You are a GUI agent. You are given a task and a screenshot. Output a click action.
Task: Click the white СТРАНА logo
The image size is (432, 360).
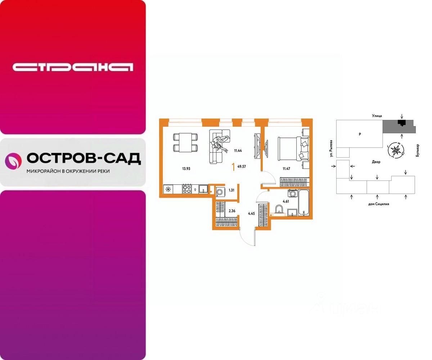click(73, 67)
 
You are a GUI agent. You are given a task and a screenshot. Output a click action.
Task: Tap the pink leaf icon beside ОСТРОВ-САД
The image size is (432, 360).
click(13, 161)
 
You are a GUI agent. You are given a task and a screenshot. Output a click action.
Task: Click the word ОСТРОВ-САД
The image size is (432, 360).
click(84, 158)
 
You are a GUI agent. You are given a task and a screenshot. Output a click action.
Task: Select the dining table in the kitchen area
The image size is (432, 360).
click(185, 142)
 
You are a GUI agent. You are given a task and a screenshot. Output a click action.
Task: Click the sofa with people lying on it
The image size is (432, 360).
click(219, 146)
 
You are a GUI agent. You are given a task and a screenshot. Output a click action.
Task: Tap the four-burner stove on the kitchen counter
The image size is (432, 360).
click(187, 189)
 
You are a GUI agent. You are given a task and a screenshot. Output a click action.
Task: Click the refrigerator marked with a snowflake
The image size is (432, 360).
click(168, 189)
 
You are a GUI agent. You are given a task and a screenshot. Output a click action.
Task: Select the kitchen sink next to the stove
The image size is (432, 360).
click(203, 189)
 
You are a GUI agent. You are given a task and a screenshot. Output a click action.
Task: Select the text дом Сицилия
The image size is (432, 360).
click(378, 204)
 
